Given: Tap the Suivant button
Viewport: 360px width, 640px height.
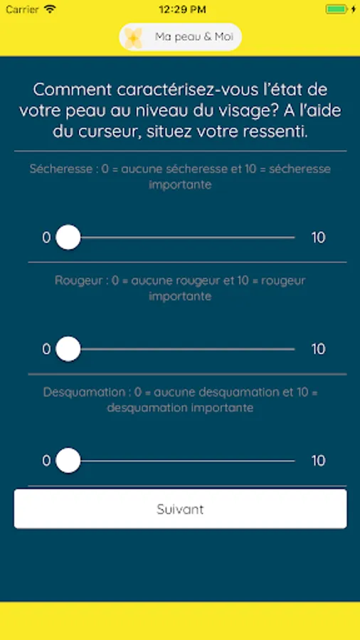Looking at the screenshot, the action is click(180, 509).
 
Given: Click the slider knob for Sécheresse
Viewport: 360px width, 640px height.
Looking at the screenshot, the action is click(68, 237).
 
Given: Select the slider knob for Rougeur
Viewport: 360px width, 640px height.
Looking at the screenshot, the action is click(68, 349).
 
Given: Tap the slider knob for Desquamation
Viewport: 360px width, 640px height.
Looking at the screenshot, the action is click(68, 460).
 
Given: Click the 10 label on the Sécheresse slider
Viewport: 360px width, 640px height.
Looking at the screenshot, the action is click(318, 238).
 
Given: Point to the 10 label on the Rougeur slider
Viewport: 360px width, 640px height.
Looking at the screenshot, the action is click(318, 349).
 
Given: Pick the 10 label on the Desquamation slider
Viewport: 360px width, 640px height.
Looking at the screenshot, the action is click(318, 461).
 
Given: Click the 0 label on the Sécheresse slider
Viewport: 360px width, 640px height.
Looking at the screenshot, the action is click(46, 238).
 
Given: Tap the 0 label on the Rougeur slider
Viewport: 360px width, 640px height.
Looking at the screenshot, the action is click(46, 349).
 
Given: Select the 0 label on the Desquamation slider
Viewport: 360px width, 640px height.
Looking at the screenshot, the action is click(46, 461).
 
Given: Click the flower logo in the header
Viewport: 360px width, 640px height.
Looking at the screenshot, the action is click(134, 38).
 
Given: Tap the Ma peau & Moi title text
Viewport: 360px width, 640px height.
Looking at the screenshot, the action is click(194, 37).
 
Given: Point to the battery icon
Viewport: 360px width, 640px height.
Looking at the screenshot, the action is click(338, 9).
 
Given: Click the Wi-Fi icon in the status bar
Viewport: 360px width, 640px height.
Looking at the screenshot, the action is click(50, 9).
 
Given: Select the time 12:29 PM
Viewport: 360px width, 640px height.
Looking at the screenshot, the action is click(182, 9).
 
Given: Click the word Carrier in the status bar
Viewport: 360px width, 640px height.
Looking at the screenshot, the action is click(23, 9).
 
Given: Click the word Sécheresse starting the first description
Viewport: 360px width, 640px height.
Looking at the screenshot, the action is click(61, 169).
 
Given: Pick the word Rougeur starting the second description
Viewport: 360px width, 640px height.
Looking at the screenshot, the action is click(78, 281).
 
